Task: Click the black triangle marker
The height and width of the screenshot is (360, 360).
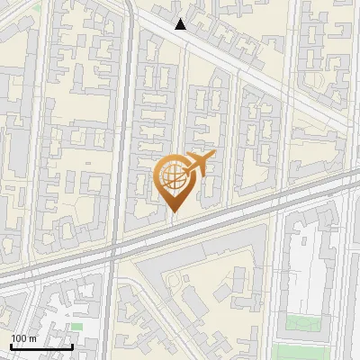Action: point(181,24)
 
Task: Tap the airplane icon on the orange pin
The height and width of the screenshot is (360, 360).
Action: point(199,163)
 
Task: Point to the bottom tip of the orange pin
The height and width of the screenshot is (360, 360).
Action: point(174,211)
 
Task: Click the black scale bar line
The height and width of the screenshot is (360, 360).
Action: point(41,346)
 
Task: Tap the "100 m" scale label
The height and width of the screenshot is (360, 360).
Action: point(23,338)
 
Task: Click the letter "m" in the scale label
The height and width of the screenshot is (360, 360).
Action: point(31,338)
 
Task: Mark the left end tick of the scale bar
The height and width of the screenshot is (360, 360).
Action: point(11,345)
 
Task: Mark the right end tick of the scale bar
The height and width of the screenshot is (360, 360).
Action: point(72,345)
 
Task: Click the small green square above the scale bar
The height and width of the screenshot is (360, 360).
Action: point(76,326)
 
